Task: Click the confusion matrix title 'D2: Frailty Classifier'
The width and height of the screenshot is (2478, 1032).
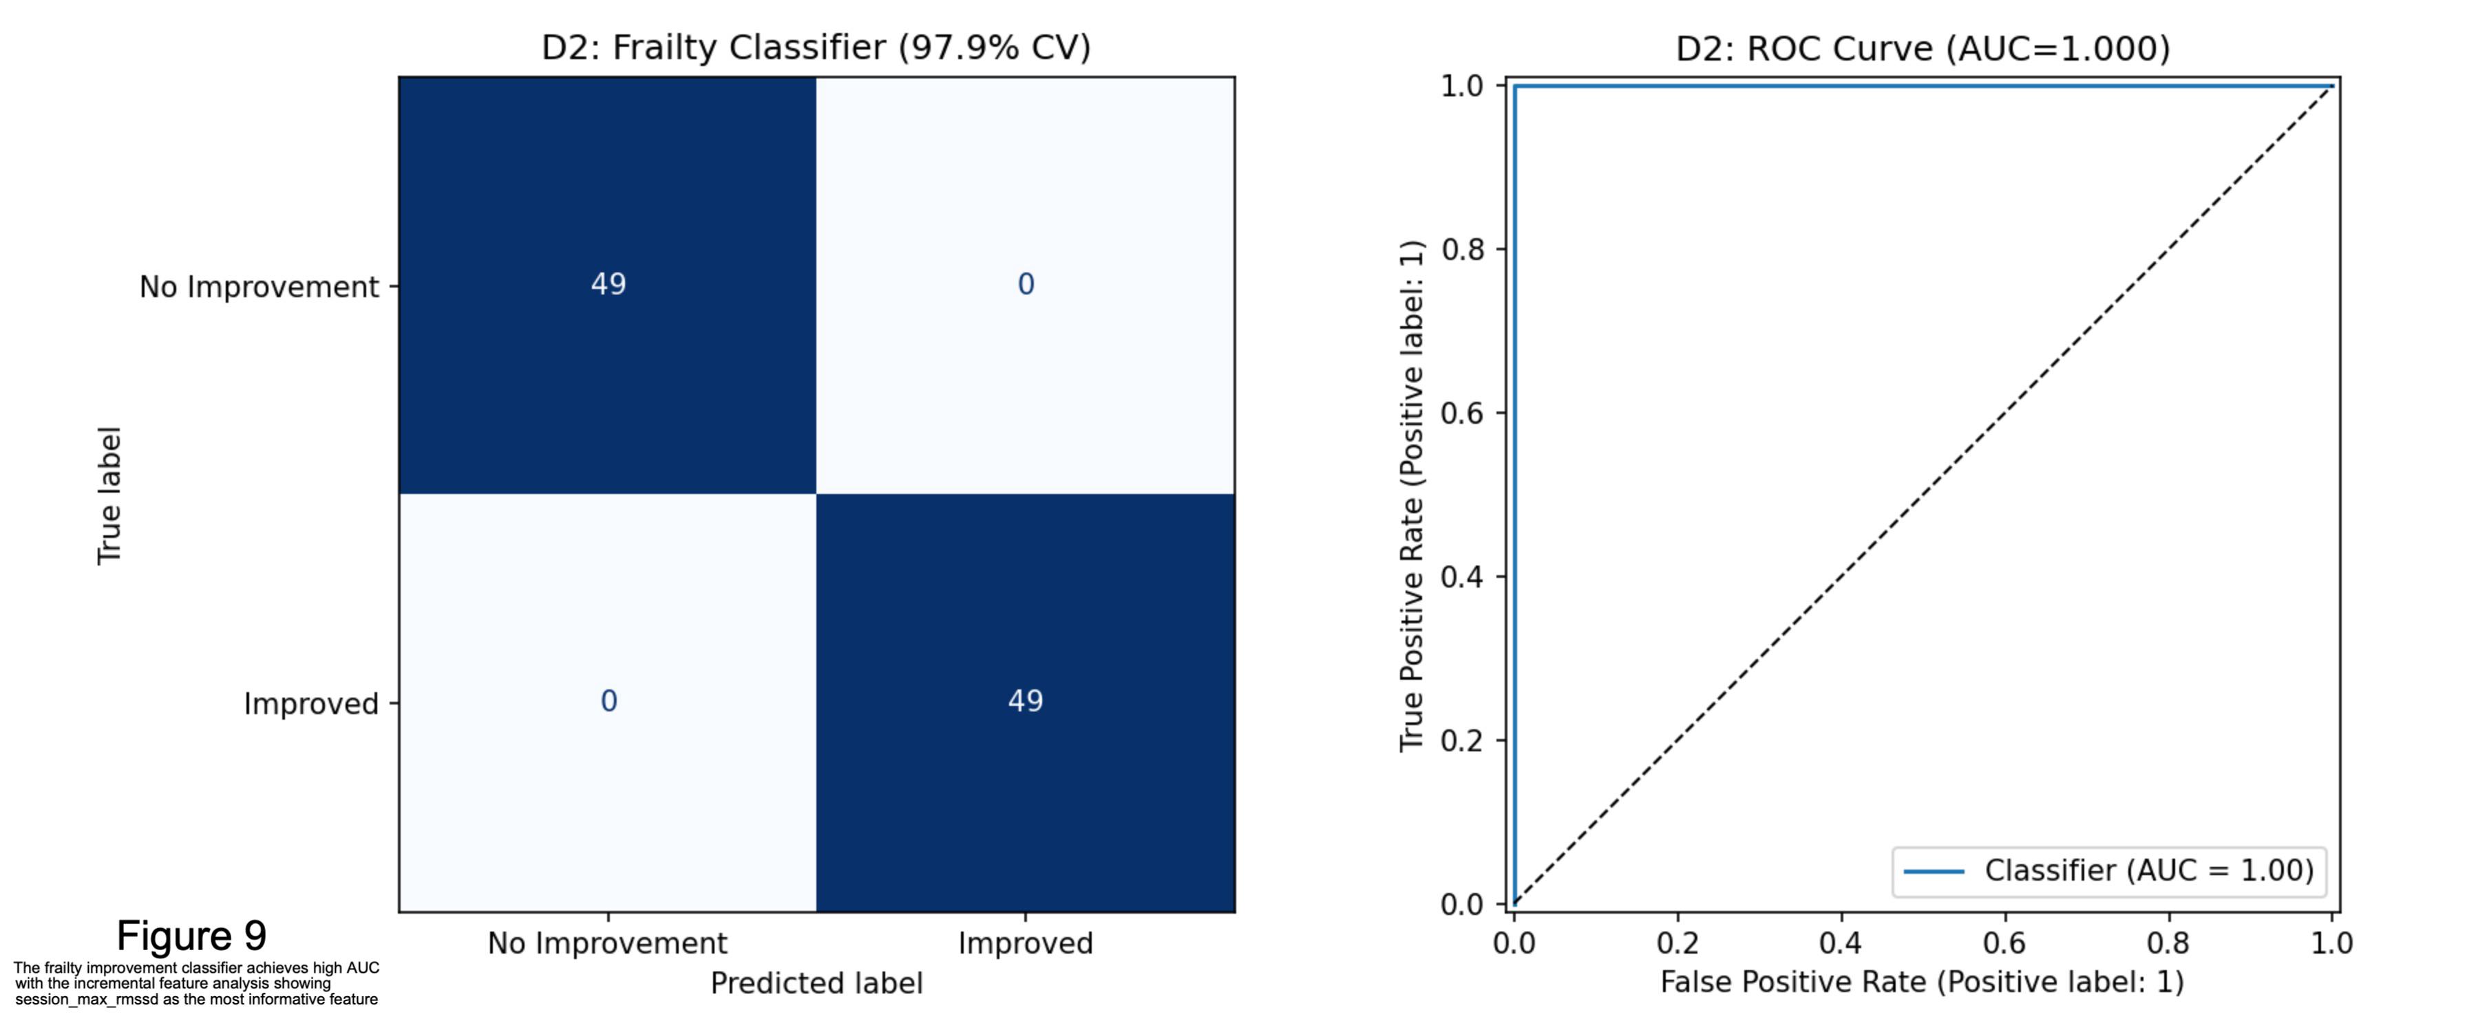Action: (x=714, y=47)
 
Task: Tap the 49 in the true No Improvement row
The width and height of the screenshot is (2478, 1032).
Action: (x=608, y=283)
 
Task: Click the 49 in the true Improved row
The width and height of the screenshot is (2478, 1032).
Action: (x=1026, y=700)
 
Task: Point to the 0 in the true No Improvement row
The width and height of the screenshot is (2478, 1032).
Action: (x=1026, y=283)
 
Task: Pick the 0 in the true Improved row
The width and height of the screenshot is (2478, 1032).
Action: (x=608, y=700)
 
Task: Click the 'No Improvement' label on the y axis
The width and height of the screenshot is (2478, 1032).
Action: (x=259, y=287)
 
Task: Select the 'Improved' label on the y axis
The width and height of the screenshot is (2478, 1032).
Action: (x=310, y=703)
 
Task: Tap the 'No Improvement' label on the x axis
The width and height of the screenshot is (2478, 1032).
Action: (x=607, y=943)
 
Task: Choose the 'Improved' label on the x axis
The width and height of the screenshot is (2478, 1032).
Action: (x=1026, y=943)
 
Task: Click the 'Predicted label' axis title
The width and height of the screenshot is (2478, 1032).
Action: (x=816, y=983)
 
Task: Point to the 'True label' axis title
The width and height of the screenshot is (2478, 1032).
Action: (x=109, y=495)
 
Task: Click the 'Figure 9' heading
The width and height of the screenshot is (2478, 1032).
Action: (x=191, y=935)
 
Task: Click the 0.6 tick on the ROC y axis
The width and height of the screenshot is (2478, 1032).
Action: (x=1461, y=413)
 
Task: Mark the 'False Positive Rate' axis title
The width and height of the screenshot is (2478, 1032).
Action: (x=1793, y=982)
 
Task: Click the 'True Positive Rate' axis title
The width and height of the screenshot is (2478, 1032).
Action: (x=1411, y=622)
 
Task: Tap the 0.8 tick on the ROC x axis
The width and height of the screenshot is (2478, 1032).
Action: (x=2168, y=943)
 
